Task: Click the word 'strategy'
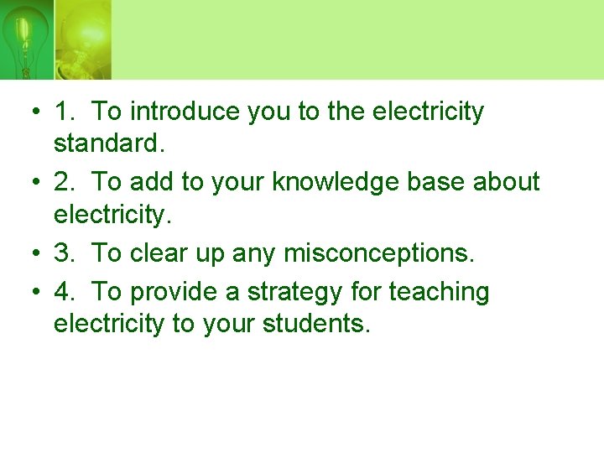pyautogui.click(x=290, y=292)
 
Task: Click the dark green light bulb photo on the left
pyautogui.click(x=26, y=39)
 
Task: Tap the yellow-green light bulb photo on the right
pyautogui.click(x=82, y=39)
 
